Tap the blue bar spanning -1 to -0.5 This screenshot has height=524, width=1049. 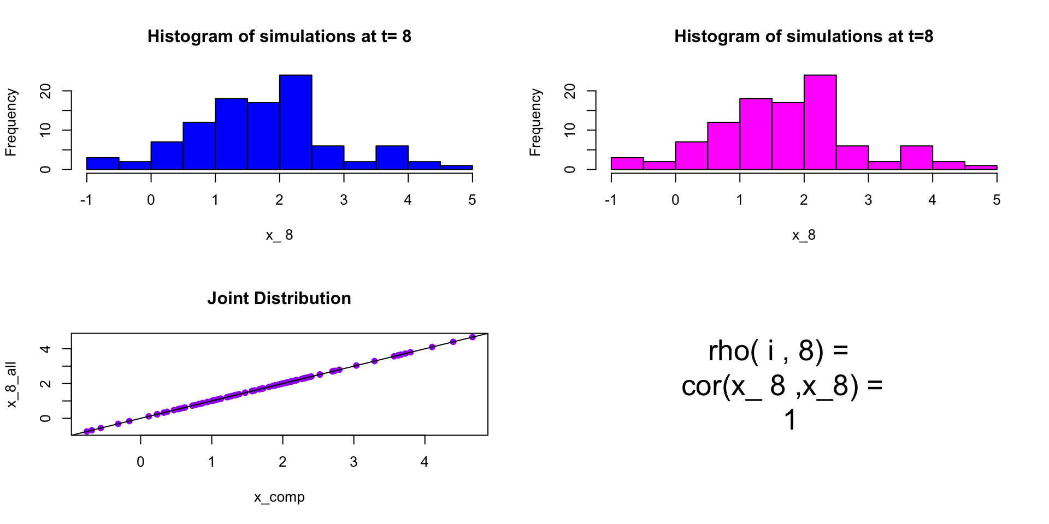click(103, 164)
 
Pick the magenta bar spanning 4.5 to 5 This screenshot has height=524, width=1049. click(981, 167)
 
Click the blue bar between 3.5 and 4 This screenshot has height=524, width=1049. click(392, 158)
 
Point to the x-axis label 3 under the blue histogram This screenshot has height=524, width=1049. click(344, 200)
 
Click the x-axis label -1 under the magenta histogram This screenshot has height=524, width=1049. click(610, 200)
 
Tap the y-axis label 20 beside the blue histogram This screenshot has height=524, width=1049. click(46, 91)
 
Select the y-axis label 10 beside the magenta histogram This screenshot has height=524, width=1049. click(570, 130)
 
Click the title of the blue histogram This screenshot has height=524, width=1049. click(279, 37)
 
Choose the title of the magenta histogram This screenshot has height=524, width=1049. click(804, 37)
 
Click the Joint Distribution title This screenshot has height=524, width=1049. click(279, 299)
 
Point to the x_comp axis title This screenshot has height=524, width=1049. click(279, 497)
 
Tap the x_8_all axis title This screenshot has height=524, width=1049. click(11, 384)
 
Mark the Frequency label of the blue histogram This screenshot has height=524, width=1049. click(11, 122)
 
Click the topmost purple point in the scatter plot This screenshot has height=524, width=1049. click(473, 337)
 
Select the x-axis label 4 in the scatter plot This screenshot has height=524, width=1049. click(425, 462)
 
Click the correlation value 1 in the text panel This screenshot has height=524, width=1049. click(790, 420)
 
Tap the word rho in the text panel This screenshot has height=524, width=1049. click(729, 351)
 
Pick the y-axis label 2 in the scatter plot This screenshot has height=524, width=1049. click(46, 384)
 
